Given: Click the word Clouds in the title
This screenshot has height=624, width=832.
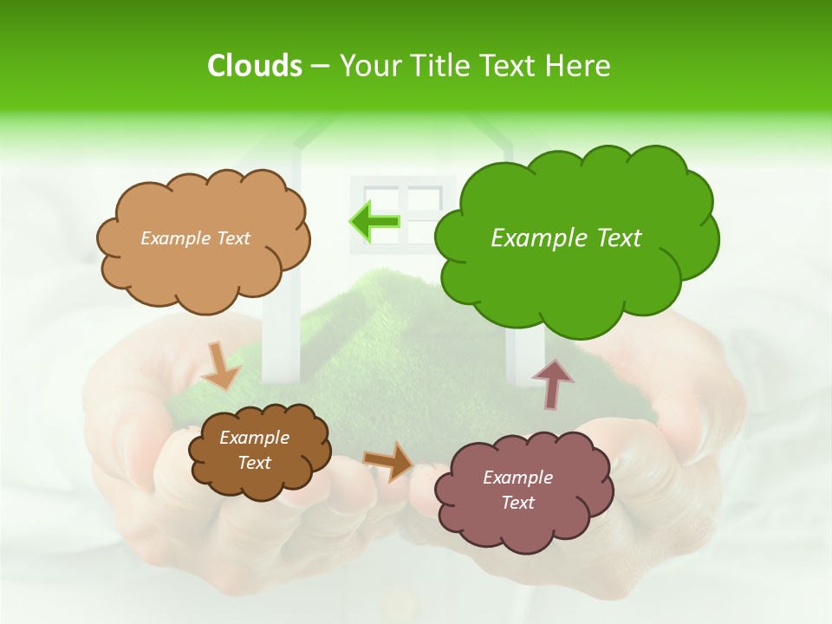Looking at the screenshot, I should (x=255, y=66).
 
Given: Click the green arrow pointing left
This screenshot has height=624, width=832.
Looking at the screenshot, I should (x=374, y=222).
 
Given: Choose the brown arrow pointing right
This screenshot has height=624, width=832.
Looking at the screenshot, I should (x=388, y=460).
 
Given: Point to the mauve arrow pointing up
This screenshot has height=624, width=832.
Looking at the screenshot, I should (x=552, y=384).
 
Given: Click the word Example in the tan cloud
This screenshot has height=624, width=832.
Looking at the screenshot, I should (x=175, y=238).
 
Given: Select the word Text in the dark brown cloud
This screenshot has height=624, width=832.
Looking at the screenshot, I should (x=254, y=463).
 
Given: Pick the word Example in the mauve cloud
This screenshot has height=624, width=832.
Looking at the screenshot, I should (x=517, y=478).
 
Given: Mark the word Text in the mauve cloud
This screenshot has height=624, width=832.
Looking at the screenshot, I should (x=517, y=503).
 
